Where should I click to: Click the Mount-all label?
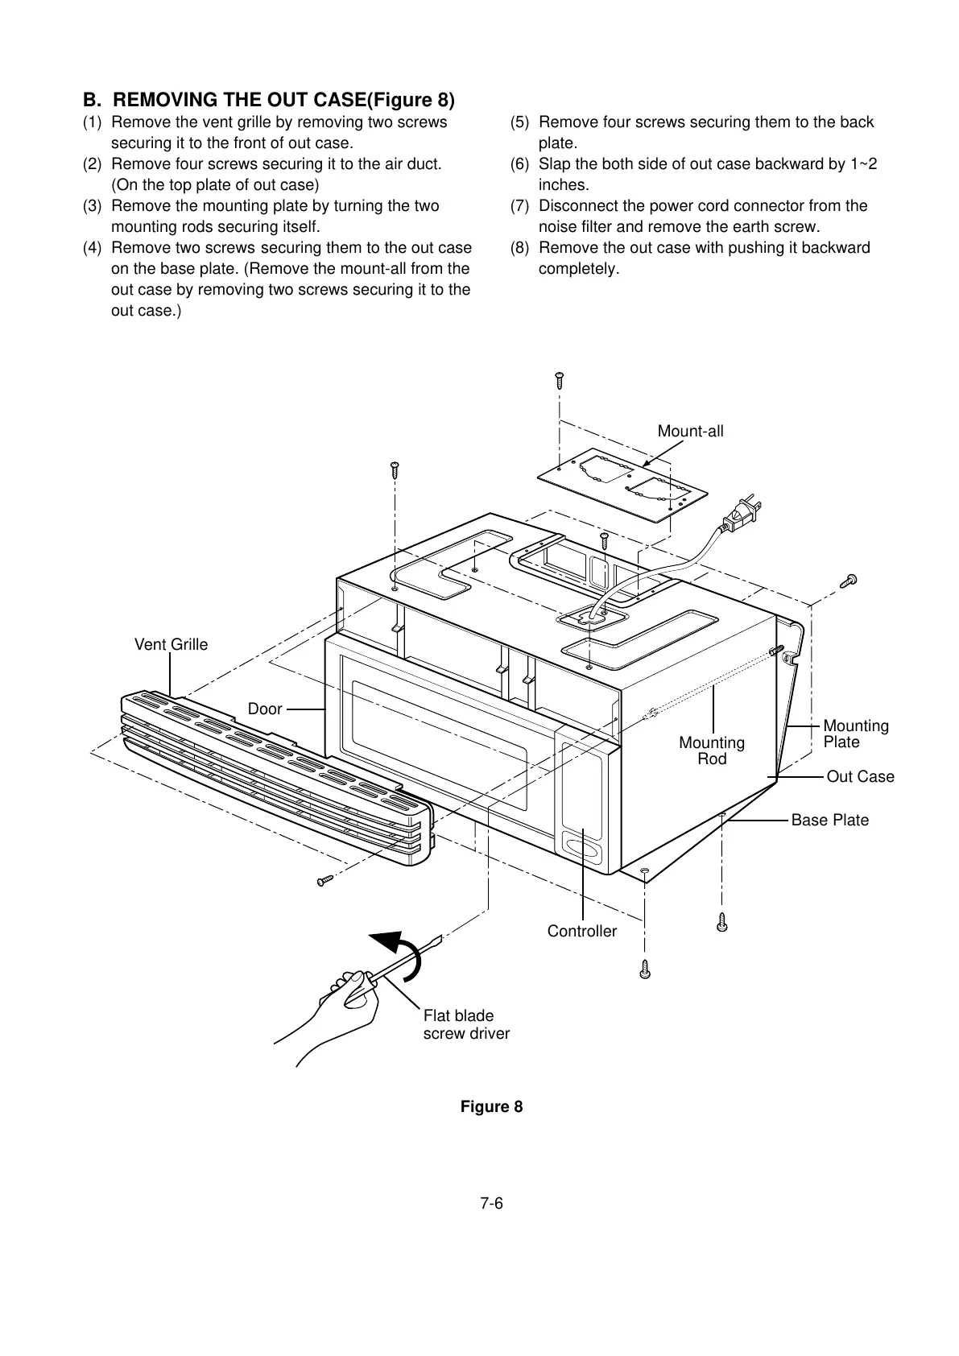690,431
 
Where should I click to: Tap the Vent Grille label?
171,644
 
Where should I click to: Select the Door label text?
265,709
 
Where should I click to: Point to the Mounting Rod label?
712,750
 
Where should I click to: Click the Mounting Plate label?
855,734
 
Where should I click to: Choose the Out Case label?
860,776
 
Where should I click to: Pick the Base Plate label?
829,820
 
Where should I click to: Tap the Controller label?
581,931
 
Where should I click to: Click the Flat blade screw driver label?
466,1024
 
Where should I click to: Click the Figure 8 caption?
491,1106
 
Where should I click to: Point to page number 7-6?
491,1204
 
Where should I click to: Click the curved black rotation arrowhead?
388,941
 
